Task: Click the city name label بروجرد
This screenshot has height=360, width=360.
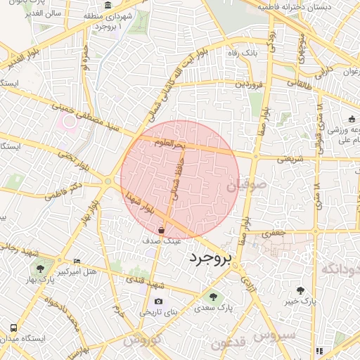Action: click(x=210, y=258)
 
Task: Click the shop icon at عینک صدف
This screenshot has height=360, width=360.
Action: click(x=162, y=230)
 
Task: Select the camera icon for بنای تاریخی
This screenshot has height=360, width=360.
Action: click(x=148, y=302)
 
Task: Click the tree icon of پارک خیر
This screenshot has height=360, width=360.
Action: click(x=301, y=290)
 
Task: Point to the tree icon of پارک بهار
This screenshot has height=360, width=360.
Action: click(x=41, y=268)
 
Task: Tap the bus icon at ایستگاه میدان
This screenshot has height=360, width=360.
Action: click(x=13, y=328)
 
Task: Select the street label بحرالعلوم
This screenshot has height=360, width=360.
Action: click(x=170, y=144)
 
